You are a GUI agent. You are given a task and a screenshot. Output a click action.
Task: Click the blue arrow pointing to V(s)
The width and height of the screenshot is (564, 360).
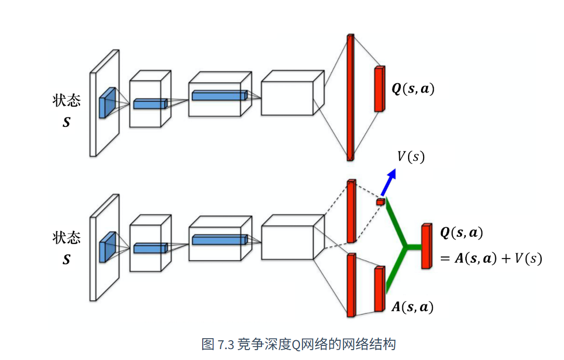(389, 182)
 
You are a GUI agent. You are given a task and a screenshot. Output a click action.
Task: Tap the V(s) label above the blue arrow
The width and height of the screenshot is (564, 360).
(411, 157)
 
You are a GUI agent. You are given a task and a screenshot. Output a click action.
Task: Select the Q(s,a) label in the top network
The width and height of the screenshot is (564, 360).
(413, 88)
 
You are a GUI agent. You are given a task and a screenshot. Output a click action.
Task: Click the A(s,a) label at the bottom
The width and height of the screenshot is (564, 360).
(412, 307)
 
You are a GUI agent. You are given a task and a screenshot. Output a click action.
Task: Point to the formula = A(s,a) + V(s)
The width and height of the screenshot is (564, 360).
(491, 259)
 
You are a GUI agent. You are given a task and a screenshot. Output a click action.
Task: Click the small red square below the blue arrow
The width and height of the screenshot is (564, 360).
(381, 202)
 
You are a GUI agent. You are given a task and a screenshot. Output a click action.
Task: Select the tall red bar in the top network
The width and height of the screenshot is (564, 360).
(350, 98)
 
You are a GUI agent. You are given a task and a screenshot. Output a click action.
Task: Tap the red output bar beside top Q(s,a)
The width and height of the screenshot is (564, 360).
(379, 89)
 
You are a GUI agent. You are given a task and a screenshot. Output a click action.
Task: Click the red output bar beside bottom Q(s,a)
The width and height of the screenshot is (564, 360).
(427, 246)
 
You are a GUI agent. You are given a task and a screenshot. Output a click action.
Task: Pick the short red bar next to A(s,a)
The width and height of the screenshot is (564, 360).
(380, 289)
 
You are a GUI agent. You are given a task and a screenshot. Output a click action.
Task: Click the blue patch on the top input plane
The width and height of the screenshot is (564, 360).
(108, 102)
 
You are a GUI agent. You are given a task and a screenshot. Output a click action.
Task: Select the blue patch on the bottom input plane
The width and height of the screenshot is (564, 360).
(108, 247)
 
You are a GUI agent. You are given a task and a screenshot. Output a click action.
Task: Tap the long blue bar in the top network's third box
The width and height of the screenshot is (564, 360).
(220, 95)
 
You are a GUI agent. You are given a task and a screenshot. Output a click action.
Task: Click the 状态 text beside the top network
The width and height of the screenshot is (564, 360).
(67, 100)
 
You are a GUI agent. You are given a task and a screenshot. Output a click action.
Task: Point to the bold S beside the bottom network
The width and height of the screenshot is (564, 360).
(66, 260)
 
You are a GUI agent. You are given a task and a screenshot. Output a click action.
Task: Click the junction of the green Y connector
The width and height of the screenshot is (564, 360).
(406, 247)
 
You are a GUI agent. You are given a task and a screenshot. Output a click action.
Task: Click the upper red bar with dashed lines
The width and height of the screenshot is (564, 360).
(351, 211)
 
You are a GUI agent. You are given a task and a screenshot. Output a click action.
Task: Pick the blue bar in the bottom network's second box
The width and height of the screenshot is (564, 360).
(150, 248)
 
